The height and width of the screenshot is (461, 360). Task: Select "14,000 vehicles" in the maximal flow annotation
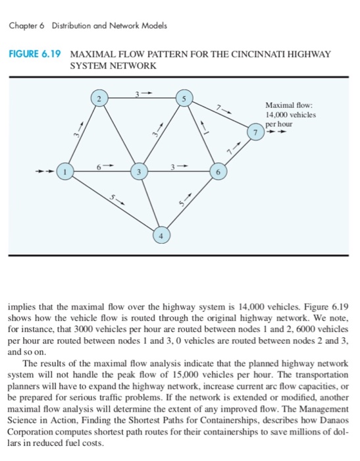point(290,115)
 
